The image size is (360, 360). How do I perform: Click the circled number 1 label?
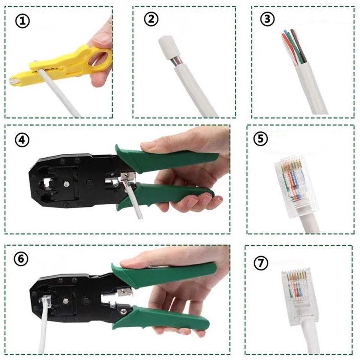(x=22, y=21)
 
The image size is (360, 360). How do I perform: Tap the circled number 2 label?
(x=151, y=20)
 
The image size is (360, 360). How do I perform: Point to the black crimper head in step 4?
(x=64, y=180)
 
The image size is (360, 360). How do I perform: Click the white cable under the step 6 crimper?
(x=42, y=330)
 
